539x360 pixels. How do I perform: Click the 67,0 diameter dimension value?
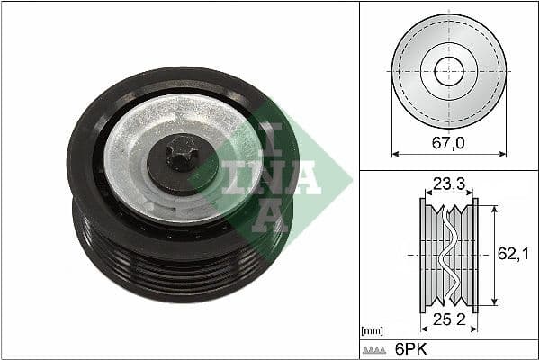pyautogui.click(x=447, y=143)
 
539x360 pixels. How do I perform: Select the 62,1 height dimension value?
pyautogui.click(x=510, y=256)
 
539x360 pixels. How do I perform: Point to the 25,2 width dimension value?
pyautogui.click(x=447, y=322)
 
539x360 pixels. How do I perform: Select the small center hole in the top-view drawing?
pyautogui.click(x=447, y=71)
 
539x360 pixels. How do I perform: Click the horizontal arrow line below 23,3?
pyautogui.click(x=447, y=193)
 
